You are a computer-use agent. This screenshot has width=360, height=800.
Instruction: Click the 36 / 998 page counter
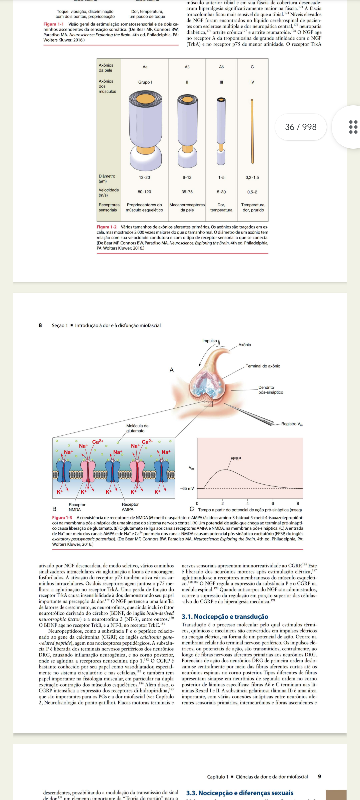pos(301,127)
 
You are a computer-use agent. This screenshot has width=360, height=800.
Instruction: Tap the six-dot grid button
pos(353,127)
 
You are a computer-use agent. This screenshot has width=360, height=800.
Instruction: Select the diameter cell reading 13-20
pos(144,178)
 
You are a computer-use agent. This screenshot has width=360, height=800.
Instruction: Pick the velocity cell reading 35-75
pos(187,192)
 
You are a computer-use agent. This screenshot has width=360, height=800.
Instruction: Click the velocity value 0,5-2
pos(252,192)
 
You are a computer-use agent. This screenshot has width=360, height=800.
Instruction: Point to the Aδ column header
pos(221,67)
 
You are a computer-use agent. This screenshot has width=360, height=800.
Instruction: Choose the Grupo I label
pos(145,82)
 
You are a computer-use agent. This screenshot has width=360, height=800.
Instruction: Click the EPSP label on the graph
pos(236,459)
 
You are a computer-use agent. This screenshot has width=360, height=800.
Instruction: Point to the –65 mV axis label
pos(187,489)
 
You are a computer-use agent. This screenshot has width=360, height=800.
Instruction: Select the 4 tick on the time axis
pos(248,503)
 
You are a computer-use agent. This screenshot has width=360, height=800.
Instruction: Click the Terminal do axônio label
pos(263,366)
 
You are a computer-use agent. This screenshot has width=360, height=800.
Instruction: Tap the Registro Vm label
pos(292,424)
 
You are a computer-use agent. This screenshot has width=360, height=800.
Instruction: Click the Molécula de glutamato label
pos(137,428)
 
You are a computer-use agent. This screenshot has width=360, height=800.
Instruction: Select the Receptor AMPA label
pos(130,507)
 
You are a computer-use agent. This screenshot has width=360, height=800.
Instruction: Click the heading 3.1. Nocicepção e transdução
pos(225,617)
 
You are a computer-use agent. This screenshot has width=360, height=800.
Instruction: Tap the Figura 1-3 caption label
pos(62,518)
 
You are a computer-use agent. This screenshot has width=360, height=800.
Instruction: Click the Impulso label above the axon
pos(210,341)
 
